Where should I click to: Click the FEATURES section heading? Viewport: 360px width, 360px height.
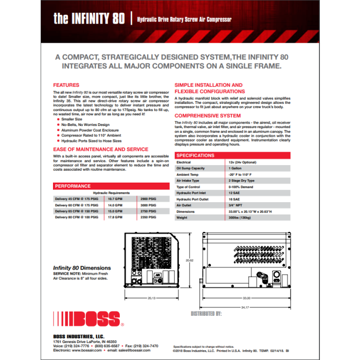coord(66,85)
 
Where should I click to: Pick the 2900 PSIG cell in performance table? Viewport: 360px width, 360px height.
coord(147,197)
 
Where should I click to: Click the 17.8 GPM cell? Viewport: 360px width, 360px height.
coord(115,217)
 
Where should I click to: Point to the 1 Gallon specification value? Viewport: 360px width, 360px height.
coord(238,168)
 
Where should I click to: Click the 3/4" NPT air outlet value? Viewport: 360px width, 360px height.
coord(237,205)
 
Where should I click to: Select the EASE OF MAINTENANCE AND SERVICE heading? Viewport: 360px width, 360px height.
coord(101,149)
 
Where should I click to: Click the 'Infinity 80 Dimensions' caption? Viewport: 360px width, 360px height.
coord(82,268)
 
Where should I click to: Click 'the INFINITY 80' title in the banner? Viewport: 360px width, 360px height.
coord(88,19)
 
